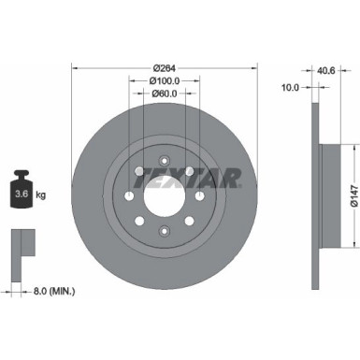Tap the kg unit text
(x=40, y=194)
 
